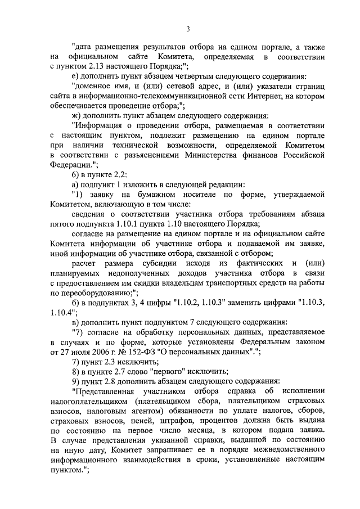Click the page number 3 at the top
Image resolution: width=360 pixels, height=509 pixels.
pyautogui.click(x=188, y=29)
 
